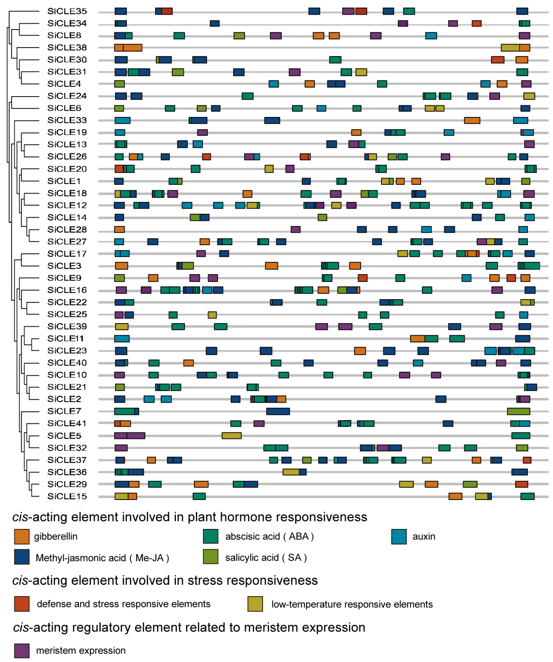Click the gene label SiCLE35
click(67, 11)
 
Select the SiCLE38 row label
click(67, 48)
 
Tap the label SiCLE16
click(67, 290)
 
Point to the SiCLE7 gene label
click(64, 411)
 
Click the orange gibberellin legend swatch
click(22, 537)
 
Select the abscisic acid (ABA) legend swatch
click(210, 537)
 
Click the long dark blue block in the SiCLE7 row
click(278, 411)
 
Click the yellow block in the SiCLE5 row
click(231, 436)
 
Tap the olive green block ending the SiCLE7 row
click(518, 411)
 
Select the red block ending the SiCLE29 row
click(521, 484)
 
